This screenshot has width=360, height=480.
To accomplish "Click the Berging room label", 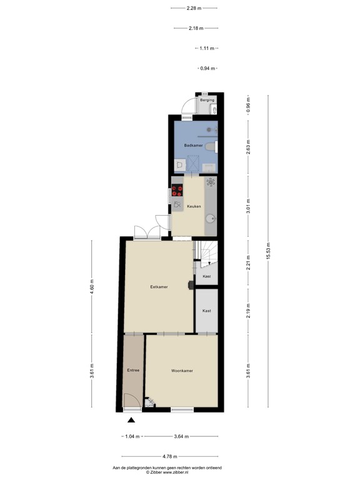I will coord(207,100).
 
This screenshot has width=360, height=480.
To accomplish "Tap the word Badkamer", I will coord(192,146).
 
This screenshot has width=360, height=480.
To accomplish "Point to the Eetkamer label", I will coord(159,287).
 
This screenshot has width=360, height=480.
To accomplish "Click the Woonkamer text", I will coord(182,371).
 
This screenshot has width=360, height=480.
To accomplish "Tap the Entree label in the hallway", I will coord(133,371).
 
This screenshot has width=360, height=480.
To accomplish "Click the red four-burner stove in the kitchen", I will coord(177,191).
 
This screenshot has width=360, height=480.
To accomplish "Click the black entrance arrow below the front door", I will coord(131,420).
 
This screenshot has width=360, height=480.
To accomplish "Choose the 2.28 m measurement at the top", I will coord(194,8).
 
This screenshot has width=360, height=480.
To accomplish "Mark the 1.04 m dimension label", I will coord(131,436).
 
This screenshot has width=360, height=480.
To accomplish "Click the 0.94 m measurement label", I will coord(207,68).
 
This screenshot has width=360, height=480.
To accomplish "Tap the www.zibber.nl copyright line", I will coord(167,472).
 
